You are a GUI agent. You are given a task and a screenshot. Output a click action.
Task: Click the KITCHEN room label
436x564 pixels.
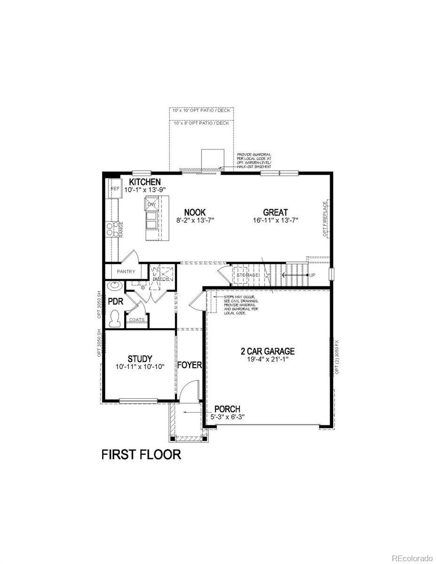(145, 182)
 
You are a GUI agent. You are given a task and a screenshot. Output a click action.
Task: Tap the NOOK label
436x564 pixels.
(195, 212)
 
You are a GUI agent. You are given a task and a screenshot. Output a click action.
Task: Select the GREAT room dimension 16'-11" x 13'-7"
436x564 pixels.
(275, 220)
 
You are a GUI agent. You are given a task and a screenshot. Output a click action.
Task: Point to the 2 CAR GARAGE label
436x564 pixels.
(268, 351)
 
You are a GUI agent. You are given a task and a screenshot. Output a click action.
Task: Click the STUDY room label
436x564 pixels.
(140, 359)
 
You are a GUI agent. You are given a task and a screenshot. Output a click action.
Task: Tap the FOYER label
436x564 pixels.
(190, 365)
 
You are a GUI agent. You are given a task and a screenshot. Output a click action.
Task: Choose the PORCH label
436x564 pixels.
(227, 409)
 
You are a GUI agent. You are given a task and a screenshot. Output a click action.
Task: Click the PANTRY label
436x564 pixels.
(126, 272)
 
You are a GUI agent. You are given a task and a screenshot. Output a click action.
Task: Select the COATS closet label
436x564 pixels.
(137, 320)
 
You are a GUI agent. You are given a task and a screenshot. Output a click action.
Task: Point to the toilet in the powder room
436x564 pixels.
(114, 320)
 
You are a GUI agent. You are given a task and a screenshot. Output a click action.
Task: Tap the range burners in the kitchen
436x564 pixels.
(112, 229)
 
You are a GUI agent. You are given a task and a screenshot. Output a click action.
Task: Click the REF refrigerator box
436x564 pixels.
(115, 188)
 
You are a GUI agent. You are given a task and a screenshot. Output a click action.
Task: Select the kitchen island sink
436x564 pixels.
(151, 218)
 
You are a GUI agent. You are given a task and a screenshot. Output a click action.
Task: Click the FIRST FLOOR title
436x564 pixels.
(141, 454)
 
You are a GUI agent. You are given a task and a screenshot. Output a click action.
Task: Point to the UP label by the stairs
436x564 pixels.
(312, 274)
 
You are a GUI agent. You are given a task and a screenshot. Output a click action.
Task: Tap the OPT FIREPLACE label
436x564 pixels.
(325, 219)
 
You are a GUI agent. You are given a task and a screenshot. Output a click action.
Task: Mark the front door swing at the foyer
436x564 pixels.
(186, 390)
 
